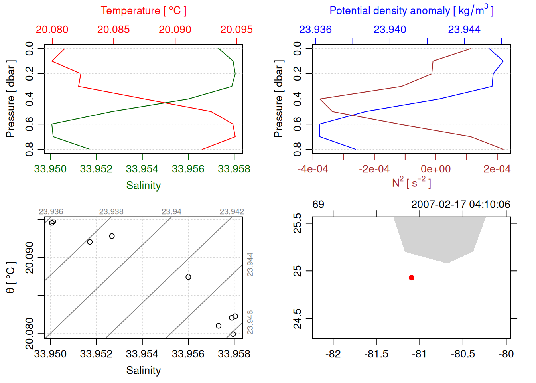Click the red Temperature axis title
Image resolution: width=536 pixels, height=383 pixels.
(x=143, y=11)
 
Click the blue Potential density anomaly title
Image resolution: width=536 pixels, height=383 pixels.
(x=411, y=11)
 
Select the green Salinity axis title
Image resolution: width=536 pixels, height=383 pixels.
(x=143, y=186)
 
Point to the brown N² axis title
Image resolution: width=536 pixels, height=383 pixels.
(x=411, y=182)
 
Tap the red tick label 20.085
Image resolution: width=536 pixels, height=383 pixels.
(x=114, y=30)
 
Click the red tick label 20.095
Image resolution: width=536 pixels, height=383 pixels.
(x=236, y=30)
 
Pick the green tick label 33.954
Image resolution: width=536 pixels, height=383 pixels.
(x=142, y=169)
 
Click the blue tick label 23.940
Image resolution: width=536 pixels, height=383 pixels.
(x=390, y=30)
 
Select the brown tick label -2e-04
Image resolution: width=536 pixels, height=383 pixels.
(x=374, y=169)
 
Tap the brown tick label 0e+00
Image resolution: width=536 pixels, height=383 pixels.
(x=436, y=169)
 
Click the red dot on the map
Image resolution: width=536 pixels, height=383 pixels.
(x=412, y=278)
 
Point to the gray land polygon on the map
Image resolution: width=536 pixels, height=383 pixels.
(x=439, y=237)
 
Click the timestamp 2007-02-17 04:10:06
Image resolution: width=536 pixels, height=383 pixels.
(x=461, y=205)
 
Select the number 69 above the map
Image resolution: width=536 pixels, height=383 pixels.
(x=318, y=205)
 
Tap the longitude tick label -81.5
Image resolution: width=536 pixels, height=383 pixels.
(x=376, y=354)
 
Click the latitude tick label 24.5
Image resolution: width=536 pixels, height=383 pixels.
(x=298, y=319)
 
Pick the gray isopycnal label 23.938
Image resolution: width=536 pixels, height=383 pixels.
(x=111, y=212)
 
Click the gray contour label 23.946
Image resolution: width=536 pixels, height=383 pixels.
(x=250, y=322)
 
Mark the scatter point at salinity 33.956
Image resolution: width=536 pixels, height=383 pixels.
(x=188, y=277)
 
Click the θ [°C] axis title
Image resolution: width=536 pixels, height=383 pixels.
(x=11, y=278)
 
